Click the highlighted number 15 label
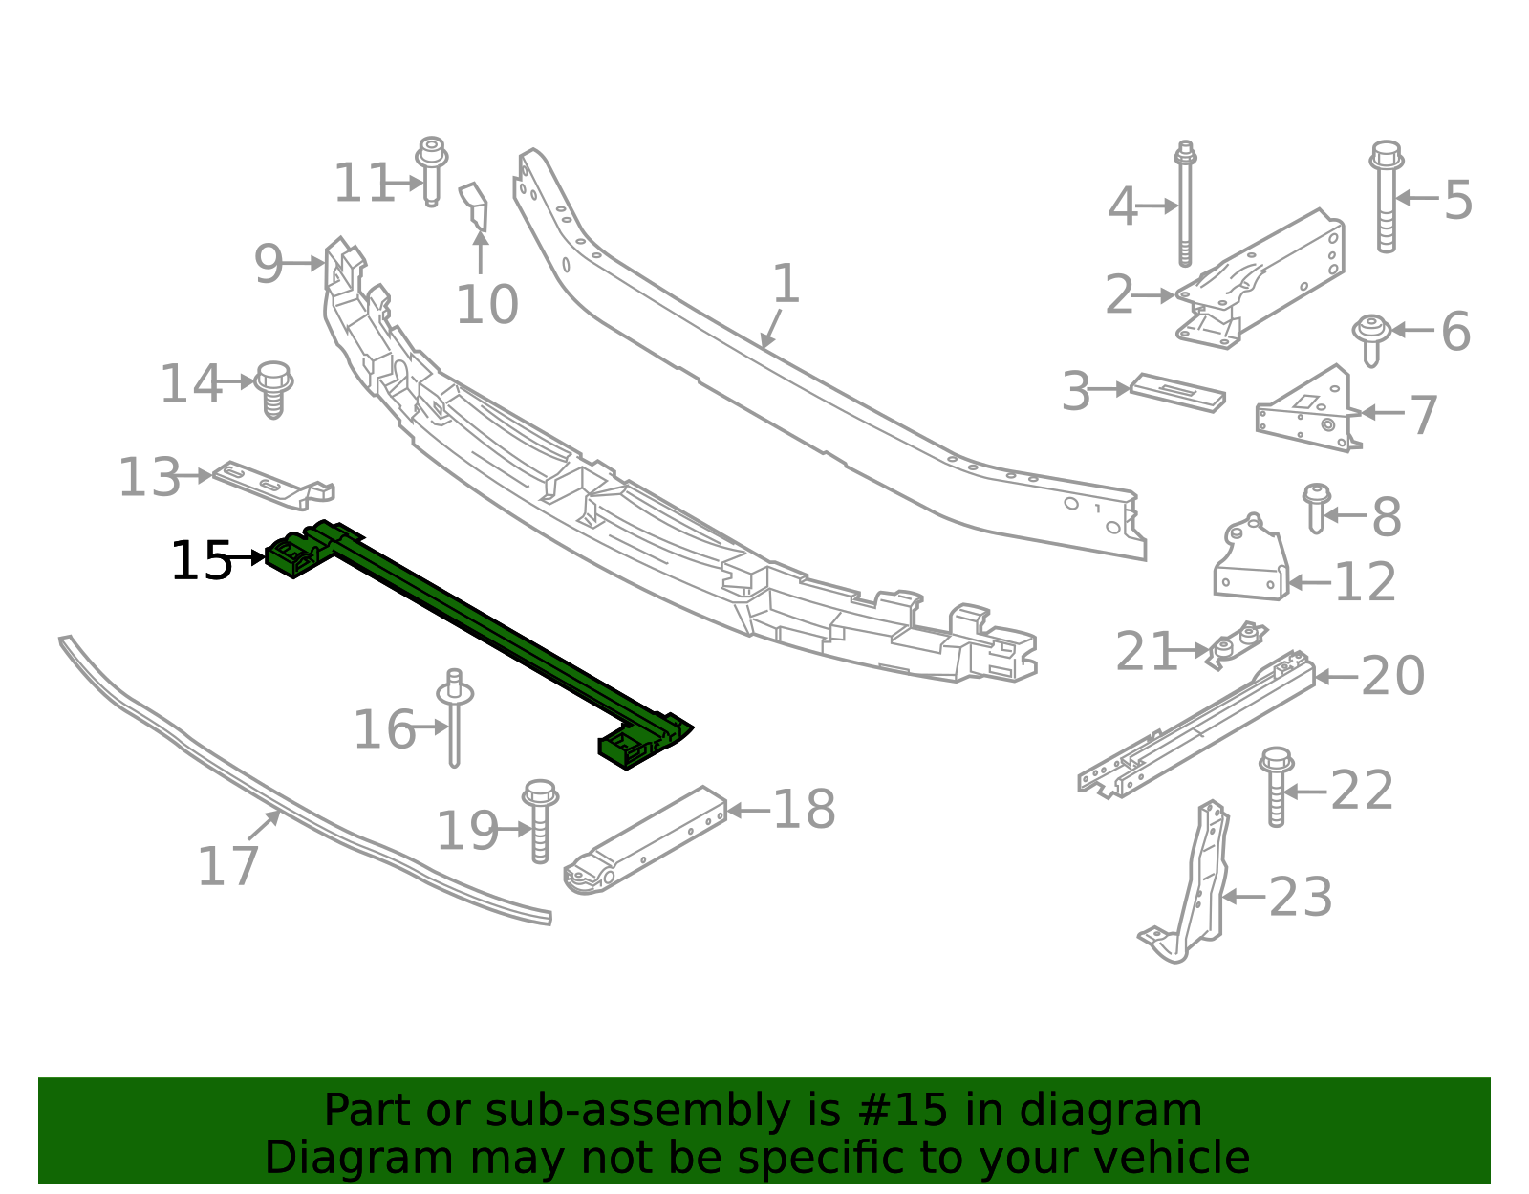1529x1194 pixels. (201, 561)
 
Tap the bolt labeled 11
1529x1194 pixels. (431, 170)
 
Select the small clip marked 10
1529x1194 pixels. (476, 206)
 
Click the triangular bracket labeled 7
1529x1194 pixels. (1316, 507)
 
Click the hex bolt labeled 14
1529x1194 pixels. (273, 387)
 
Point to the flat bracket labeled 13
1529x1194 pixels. (272, 483)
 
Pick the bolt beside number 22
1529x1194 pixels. (1276, 786)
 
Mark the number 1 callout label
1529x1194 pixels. (785, 284)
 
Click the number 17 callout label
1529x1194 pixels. (227, 866)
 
